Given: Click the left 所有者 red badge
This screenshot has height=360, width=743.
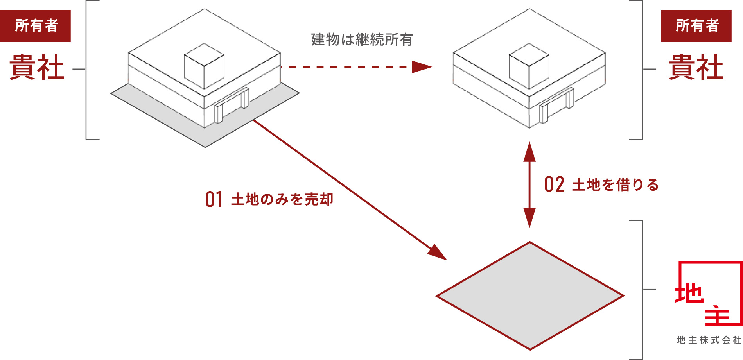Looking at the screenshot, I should pos(36,26).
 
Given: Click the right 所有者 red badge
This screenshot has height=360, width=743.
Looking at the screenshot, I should pos(696,26).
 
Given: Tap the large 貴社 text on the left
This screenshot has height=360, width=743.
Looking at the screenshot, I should pos(37,67).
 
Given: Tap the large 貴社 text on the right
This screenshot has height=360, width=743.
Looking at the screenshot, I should pos(696,67).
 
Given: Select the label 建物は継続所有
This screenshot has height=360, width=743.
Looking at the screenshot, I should pos(362,39).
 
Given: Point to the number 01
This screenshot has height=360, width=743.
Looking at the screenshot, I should pos(214,199).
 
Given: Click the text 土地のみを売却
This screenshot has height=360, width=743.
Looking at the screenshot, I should pos(282,199).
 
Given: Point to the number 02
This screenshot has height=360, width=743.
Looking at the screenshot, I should pos(554,184).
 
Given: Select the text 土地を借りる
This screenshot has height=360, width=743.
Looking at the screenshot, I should pos(616,184).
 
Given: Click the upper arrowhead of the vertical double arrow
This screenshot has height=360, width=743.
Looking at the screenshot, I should pos(529,152).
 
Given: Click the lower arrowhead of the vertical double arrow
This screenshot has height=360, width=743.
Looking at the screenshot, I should pos(529,217).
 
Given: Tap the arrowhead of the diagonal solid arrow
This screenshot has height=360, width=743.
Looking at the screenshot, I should pos(438,253).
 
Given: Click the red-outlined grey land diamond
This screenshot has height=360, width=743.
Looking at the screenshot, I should pos(530,296).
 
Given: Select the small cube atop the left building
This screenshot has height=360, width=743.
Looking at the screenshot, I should pos(204,66).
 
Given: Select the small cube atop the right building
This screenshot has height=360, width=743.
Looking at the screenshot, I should pos(529,66).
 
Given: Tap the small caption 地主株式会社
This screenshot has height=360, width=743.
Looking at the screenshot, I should pos(709,340).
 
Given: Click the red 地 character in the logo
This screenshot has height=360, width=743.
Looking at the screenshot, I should pos(689,293).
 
